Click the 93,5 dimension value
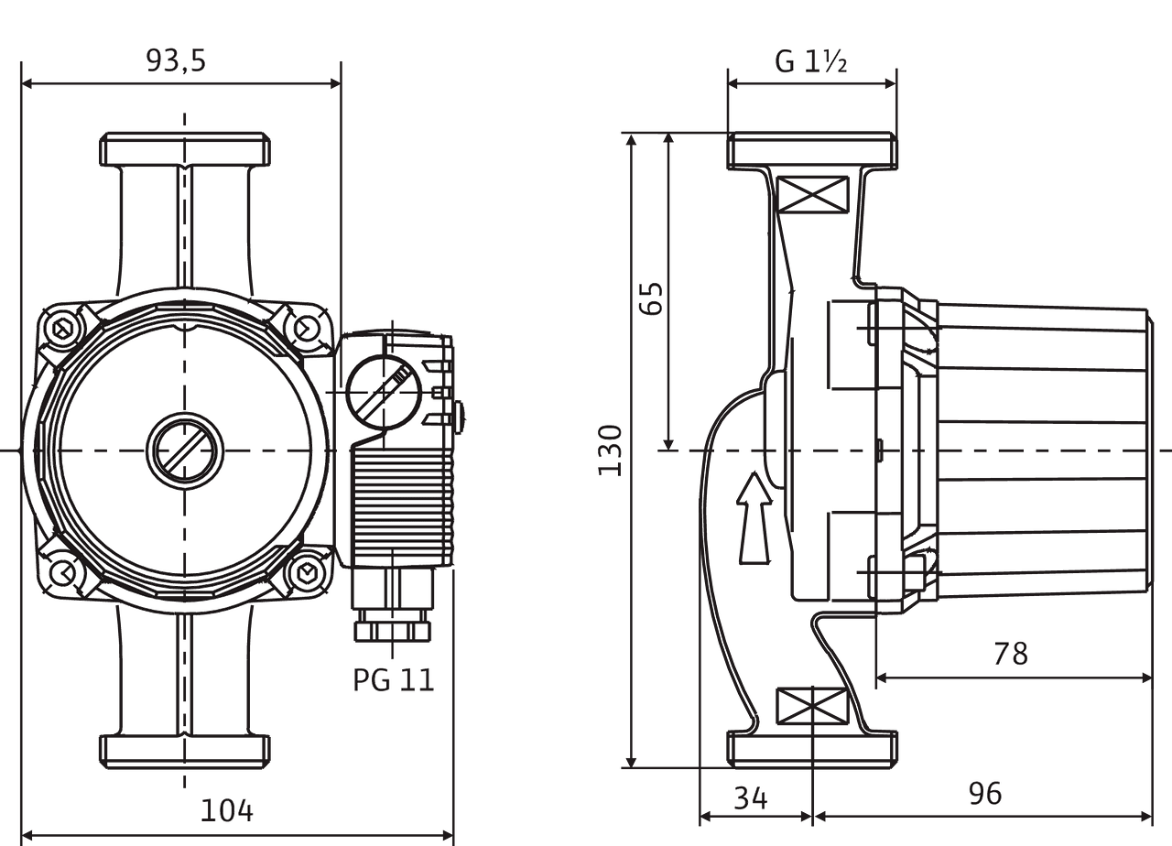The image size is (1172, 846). tap(177, 60)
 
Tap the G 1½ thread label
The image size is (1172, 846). tap(810, 61)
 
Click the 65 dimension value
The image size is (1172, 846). tap(652, 298)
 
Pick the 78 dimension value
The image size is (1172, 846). tap(1011, 654)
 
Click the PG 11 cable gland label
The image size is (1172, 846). tap(394, 680)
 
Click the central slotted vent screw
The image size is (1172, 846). tap(184, 450)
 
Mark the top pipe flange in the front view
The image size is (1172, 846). tap(184, 151)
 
